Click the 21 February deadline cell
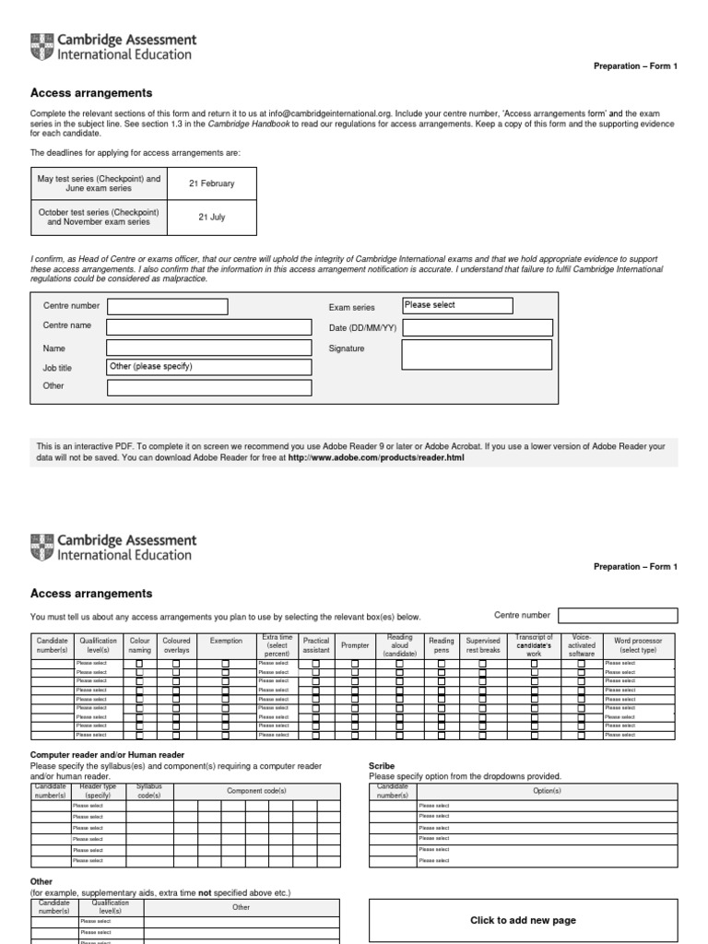[x=211, y=183]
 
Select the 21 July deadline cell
[x=211, y=218]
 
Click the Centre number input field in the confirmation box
[x=167, y=306]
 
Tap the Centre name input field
[x=208, y=326]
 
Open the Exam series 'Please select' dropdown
[x=457, y=305]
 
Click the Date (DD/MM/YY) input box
[x=477, y=327]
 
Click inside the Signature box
[x=477, y=354]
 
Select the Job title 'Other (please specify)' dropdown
[x=208, y=367]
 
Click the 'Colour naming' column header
[x=140, y=645]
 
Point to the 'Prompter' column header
[x=355, y=645]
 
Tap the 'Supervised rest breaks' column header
[x=482, y=645]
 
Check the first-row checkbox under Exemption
[x=226, y=664]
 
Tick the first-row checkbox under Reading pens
[x=441, y=664]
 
